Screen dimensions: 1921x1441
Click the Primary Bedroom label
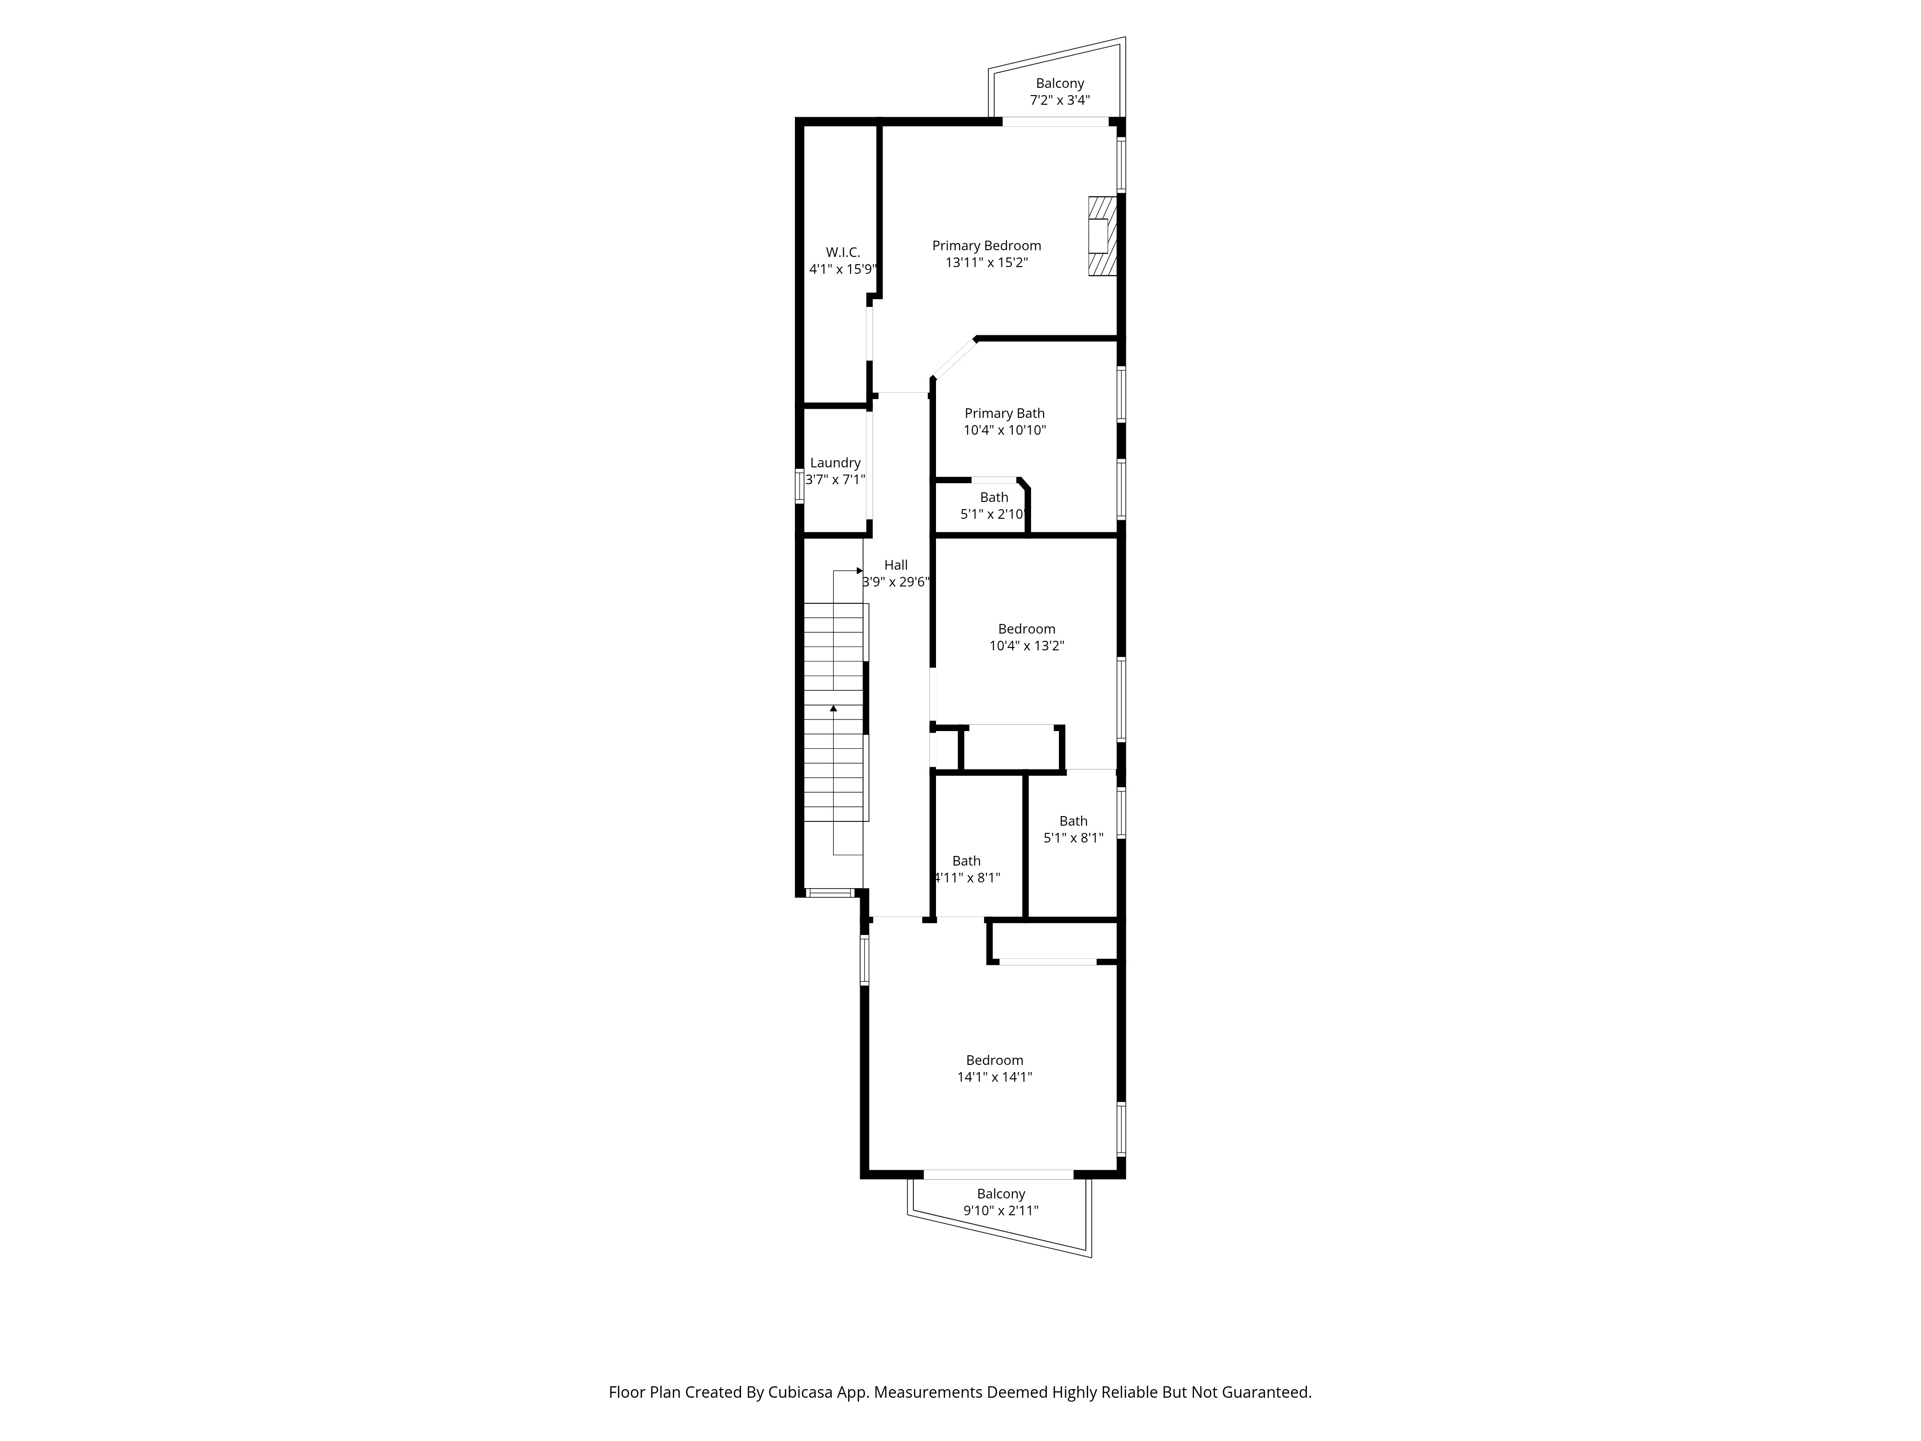pos(986,246)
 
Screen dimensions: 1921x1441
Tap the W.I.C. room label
pos(842,252)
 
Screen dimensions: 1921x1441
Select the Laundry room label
pos(836,463)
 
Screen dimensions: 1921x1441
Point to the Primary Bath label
pos(1005,414)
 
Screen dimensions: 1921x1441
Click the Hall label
pos(896,564)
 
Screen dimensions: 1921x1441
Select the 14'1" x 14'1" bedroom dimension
pos(995,1077)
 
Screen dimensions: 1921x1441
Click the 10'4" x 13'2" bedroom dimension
pos(1026,646)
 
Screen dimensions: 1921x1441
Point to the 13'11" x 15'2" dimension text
pos(986,262)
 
